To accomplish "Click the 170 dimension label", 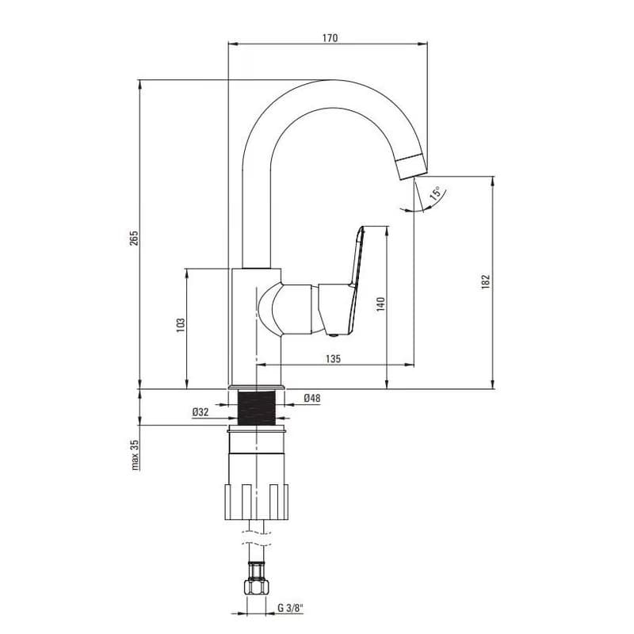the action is (330, 38).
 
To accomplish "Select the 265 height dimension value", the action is (134, 239).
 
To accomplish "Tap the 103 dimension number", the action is (181, 325).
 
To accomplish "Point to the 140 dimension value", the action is (380, 304).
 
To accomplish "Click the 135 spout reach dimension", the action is (333, 359).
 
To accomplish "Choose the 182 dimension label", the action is (486, 281).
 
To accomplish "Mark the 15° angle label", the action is (437, 193).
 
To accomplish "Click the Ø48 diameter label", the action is (312, 399).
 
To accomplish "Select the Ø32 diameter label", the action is (201, 412).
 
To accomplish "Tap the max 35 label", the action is (135, 455).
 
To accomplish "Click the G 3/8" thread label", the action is (290, 607).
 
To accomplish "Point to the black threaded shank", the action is (257, 408).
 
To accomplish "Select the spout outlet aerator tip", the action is (412, 166).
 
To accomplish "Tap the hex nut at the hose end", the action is (257, 586).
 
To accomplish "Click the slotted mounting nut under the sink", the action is (257, 502).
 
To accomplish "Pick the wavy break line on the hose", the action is (257, 538).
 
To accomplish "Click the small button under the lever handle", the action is (333, 334).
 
